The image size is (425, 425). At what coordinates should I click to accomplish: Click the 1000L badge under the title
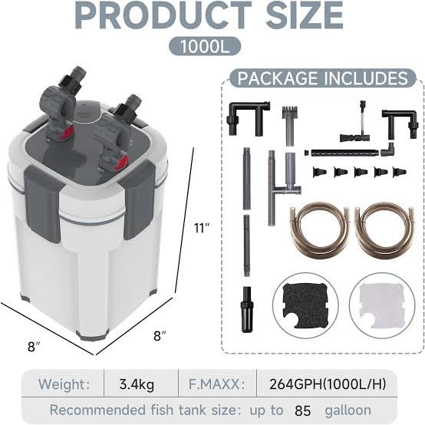(205, 46)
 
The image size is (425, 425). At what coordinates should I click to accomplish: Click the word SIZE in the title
(304, 15)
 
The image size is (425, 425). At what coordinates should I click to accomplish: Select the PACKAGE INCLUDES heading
(322, 78)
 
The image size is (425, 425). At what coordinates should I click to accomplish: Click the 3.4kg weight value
(137, 384)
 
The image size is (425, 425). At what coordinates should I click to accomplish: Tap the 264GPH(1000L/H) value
(328, 384)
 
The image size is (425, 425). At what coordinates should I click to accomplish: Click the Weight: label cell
(64, 384)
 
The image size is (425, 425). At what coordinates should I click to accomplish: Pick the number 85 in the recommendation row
(302, 410)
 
